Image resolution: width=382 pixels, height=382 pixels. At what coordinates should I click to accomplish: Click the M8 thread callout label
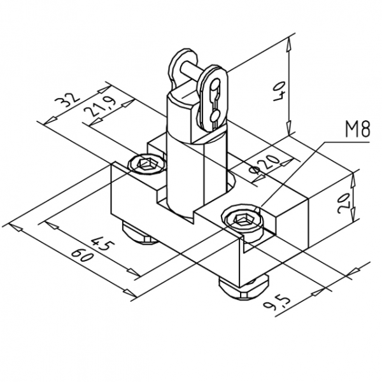click(x=357, y=129)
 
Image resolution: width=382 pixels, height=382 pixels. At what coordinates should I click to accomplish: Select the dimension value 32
click(x=67, y=100)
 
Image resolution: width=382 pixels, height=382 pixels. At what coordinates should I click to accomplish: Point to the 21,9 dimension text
click(x=99, y=106)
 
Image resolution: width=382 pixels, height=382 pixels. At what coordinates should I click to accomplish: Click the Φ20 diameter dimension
click(x=264, y=166)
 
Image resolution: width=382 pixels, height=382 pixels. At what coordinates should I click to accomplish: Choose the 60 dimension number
click(x=83, y=255)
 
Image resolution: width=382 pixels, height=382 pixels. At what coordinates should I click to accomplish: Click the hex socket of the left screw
click(x=145, y=164)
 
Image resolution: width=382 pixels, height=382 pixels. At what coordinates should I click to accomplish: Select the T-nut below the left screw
click(x=141, y=234)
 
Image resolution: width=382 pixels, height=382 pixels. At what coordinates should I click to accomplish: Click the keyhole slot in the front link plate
click(x=215, y=103)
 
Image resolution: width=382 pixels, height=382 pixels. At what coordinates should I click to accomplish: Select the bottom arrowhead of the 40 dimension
click(x=288, y=127)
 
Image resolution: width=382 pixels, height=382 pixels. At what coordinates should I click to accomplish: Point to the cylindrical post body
click(x=185, y=171)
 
